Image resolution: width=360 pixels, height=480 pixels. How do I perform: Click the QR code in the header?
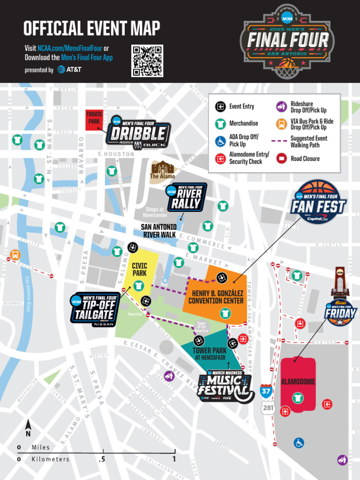point(147,60)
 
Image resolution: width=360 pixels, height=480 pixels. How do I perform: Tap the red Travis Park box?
point(94,120)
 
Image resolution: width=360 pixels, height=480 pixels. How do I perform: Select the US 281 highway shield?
point(268,408)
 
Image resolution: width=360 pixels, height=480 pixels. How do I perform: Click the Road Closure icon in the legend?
point(281,158)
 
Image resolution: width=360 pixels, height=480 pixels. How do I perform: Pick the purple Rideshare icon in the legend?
point(281,107)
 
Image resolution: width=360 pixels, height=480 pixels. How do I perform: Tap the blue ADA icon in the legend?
point(220,141)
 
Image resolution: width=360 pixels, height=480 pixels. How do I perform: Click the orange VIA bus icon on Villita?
point(15,255)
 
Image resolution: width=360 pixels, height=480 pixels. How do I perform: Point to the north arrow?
point(28,427)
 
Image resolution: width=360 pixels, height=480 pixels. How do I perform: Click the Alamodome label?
point(298,382)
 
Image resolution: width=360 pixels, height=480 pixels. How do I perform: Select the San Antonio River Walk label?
point(159,231)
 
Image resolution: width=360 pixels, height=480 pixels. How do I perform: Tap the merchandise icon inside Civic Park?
point(138,285)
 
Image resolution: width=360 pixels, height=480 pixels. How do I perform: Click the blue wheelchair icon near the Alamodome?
point(299,442)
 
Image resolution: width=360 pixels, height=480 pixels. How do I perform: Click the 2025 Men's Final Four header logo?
point(287,41)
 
